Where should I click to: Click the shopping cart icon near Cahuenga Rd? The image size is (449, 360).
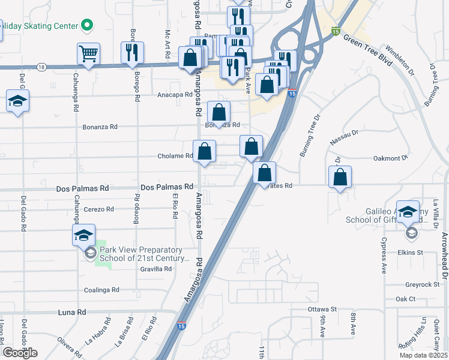(x=88, y=55)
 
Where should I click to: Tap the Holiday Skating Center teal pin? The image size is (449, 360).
(x=88, y=26)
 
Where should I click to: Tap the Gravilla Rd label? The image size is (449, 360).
(x=156, y=269)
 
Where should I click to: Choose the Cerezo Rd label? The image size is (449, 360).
(x=98, y=209)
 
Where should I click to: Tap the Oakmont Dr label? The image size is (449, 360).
(x=390, y=158)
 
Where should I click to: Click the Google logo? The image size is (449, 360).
(x=20, y=353)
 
